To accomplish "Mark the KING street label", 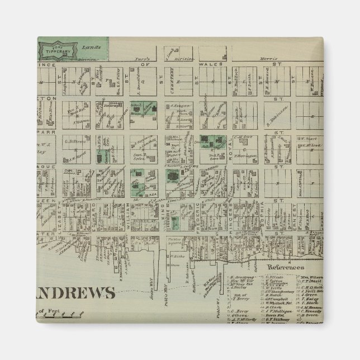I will tap(164, 210).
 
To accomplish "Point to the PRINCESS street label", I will tap(230, 212).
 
